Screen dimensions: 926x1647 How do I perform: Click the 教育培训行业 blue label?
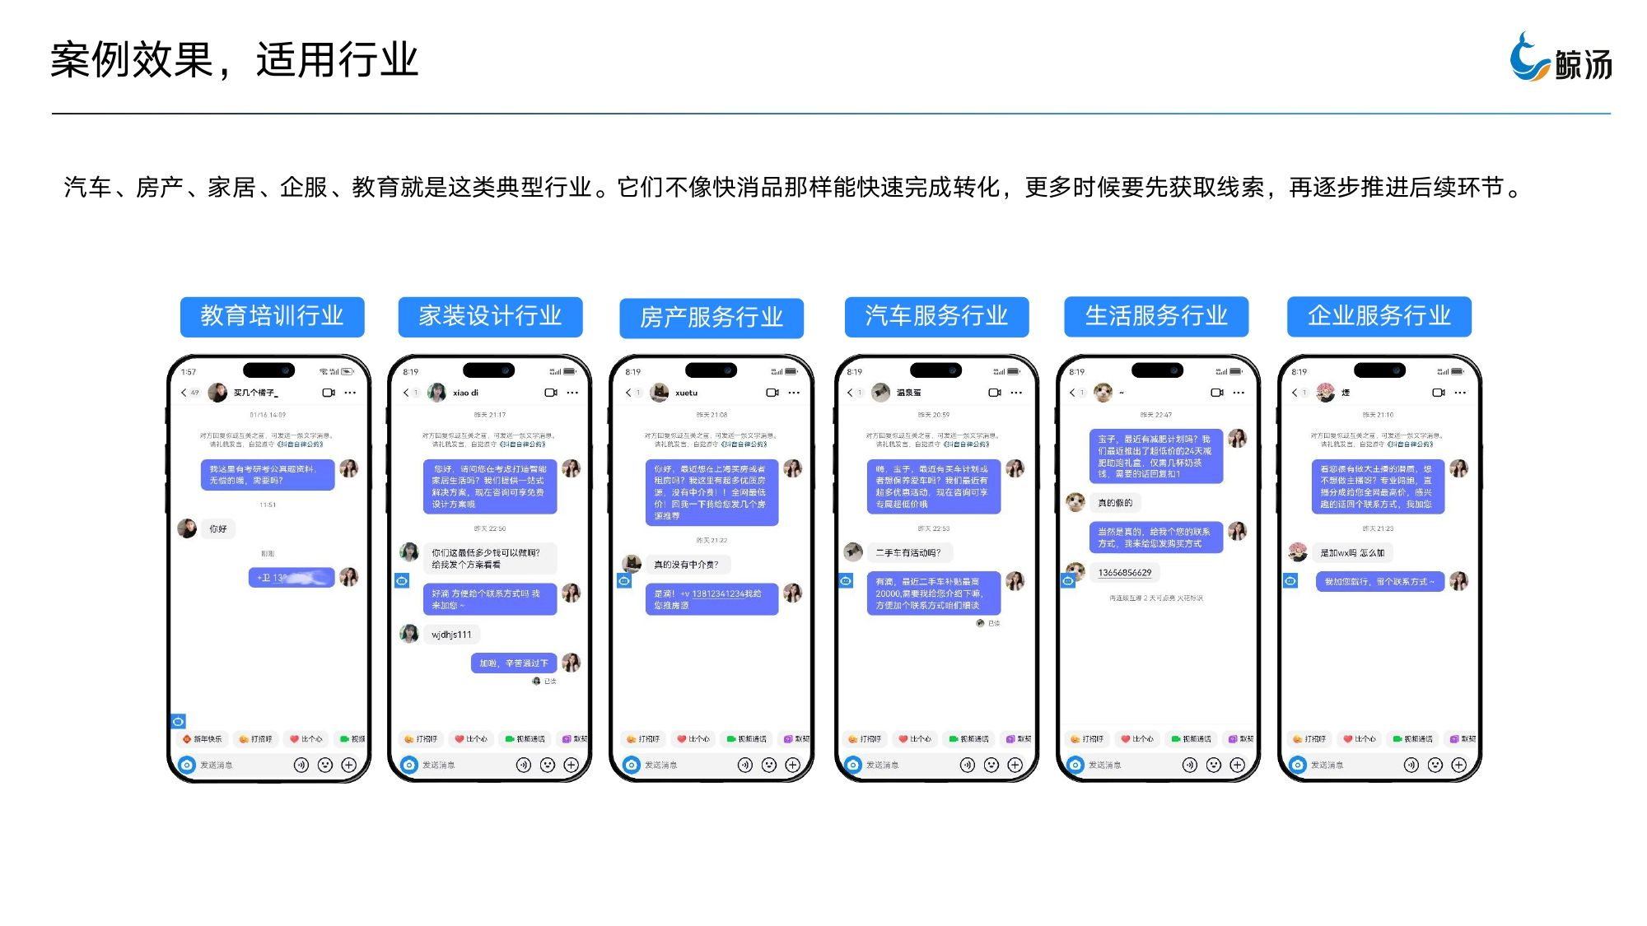point(272,317)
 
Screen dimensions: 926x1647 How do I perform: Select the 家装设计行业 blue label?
point(490,317)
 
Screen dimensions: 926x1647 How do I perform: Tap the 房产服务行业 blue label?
point(712,318)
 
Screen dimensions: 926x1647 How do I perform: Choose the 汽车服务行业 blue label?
point(936,317)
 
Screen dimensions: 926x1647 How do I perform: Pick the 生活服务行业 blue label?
point(1156,317)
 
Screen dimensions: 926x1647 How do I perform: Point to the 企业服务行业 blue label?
point(1379,317)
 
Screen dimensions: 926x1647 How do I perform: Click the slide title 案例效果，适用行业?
point(235,60)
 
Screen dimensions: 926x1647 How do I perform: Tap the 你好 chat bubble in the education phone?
point(218,528)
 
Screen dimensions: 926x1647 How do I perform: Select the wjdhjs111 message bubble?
point(452,635)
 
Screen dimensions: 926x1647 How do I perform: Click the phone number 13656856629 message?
point(1125,573)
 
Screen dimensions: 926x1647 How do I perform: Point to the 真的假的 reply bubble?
point(1115,503)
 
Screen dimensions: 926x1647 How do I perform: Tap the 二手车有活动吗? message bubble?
point(908,552)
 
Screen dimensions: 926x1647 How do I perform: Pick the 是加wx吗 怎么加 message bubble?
point(1352,552)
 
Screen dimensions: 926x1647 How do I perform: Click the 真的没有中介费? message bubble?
point(686,565)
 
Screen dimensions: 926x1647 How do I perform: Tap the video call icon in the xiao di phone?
point(551,393)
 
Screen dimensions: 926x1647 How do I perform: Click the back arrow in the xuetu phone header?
point(628,393)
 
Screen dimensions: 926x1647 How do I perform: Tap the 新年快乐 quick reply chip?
point(203,739)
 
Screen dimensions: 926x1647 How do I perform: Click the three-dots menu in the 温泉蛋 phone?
point(1016,393)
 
